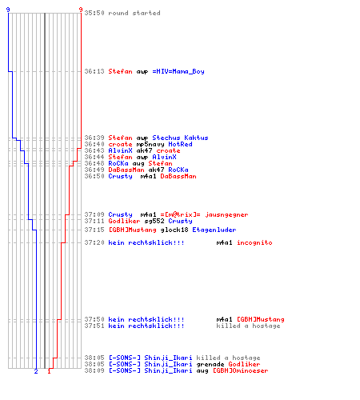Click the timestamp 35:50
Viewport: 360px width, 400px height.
click(x=94, y=13)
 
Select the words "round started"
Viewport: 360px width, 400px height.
click(x=134, y=13)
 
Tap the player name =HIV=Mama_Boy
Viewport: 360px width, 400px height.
click(x=178, y=71)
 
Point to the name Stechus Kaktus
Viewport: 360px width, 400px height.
click(x=180, y=138)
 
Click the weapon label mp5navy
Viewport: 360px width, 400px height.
click(x=150, y=144)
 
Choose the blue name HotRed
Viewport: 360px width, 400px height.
click(x=180, y=144)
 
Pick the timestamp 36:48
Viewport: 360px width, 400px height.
click(x=94, y=163)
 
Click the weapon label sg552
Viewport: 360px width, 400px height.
click(x=154, y=221)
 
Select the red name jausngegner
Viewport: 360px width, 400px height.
click(x=226, y=214)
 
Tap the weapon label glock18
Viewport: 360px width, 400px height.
click(x=174, y=230)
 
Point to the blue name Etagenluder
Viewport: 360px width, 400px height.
click(x=214, y=230)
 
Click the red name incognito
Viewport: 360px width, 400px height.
click(x=254, y=242)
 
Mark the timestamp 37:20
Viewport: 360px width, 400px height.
click(x=94, y=242)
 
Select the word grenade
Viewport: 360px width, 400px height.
click(x=210, y=364)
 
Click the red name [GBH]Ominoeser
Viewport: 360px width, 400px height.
click(x=241, y=370)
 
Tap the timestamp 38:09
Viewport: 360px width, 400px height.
click(x=94, y=370)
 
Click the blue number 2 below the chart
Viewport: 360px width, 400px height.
click(x=36, y=371)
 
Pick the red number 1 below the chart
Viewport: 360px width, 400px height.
click(x=49, y=371)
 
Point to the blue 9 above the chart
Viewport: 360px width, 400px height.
click(x=8, y=10)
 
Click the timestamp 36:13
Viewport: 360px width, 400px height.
click(x=94, y=71)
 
